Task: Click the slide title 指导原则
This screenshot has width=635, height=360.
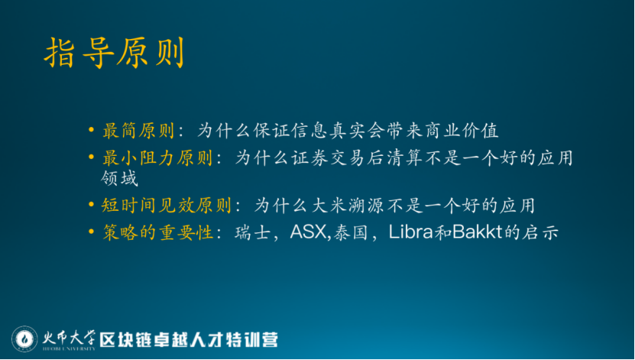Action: (114, 53)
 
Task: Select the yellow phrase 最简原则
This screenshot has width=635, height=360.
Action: (138, 131)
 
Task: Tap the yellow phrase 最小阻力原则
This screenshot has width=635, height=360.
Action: (157, 158)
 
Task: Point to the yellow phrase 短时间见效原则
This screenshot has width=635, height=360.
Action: (166, 206)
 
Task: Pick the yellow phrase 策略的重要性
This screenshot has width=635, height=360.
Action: (157, 232)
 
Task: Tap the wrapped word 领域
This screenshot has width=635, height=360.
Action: (119, 178)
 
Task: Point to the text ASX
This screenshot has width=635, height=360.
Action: (308, 232)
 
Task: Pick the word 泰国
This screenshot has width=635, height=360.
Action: (351, 232)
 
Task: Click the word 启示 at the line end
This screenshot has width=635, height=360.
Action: (540, 232)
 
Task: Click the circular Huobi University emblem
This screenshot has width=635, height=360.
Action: (24, 339)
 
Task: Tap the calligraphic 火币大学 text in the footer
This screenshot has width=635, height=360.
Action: (70, 338)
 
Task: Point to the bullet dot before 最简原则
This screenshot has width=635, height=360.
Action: (92, 131)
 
